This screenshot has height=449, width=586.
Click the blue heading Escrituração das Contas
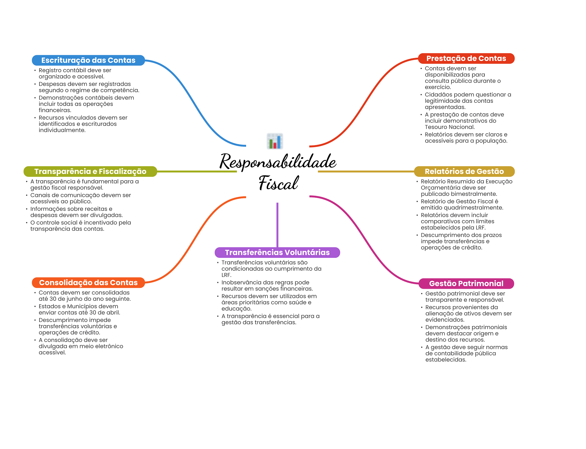88,60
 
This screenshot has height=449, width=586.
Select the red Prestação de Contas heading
466,58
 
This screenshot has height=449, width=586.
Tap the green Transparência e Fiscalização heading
90,171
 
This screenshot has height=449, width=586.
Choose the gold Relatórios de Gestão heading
464,171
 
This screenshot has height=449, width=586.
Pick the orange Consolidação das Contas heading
88,283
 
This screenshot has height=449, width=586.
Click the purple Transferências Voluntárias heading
277,252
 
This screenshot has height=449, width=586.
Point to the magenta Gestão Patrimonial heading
466,284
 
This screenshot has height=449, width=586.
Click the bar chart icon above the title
275,141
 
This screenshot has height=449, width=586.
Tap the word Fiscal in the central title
278,183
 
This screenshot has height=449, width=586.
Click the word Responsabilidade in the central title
278,162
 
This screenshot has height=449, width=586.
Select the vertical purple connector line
277,225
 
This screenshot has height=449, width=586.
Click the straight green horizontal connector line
197,171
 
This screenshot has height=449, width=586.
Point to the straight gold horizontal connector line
366,171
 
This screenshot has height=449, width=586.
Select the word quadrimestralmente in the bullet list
473,208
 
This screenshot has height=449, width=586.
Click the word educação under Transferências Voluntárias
236,309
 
